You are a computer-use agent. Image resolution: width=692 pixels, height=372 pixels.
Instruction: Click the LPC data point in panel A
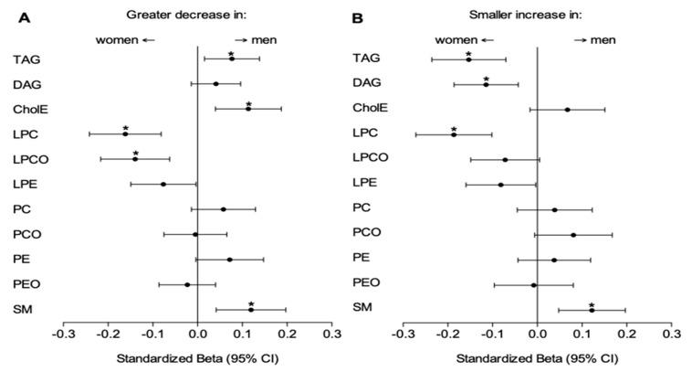click(125, 134)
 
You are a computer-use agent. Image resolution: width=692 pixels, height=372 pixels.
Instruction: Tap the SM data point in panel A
click(251, 309)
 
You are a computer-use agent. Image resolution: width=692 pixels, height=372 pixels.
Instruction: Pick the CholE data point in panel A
click(248, 109)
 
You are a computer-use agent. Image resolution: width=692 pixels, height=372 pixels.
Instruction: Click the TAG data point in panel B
click(468, 59)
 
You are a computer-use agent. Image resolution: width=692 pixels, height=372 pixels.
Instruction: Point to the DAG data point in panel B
click(486, 84)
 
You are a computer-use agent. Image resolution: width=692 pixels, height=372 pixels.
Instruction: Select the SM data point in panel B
click(592, 310)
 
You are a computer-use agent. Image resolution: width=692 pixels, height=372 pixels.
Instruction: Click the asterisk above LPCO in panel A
click(135, 154)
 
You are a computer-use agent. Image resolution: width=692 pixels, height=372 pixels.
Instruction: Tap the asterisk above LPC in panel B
click(454, 129)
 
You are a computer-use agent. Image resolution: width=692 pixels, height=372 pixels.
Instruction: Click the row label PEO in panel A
click(26, 284)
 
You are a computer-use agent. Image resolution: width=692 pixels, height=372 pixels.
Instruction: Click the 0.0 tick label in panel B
click(537, 335)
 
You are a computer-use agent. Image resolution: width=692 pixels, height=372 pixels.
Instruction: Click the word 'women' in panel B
click(456, 40)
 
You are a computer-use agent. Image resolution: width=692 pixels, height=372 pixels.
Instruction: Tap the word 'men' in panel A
click(261, 40)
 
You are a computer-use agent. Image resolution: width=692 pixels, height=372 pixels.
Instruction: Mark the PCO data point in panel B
click(573, 235)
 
